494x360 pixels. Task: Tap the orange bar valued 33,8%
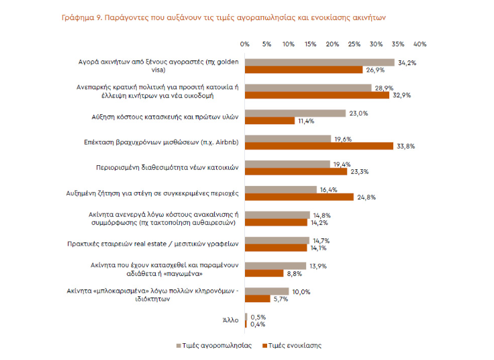pyautogui.click(x=318, y=145)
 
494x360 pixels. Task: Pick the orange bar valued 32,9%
pyautogui.click(x=316, y=95)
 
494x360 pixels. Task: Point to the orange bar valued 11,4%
pyautogui.click(x=269, y=121)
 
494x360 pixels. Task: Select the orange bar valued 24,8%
pyautogui.click(x=299, y=197)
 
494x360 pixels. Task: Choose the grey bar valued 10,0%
pyautogui.click(x=266, y=291)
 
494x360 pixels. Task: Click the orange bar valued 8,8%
pyautogui.click(x=264, y=273)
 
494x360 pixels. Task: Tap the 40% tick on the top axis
pyautogui.click(x=420, y=44)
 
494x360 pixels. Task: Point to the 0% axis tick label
pyautogui.click(x=244, y=44)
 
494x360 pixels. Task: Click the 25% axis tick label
pyautogui.click(x=354, y=44)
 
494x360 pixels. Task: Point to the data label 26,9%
pyautogui.click(x=373, y=70)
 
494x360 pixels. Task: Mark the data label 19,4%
pyautogui.click(x=341, y=164)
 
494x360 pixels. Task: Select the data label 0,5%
pyautogui.click(x=258, y=317)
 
